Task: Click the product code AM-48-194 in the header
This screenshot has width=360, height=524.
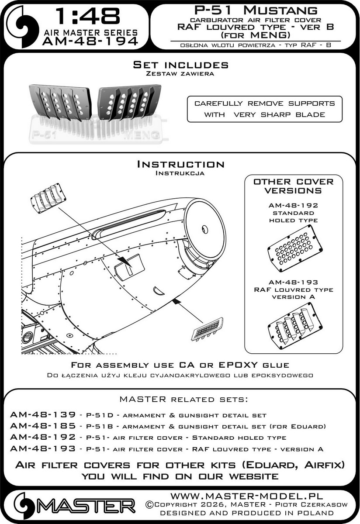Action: click(x=90, y=41)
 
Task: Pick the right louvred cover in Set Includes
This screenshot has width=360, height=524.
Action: click(x=125, y=102)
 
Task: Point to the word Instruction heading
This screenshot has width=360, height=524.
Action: click(x=180, y=165)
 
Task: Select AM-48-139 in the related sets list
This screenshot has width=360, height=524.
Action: click(x=37, y=414)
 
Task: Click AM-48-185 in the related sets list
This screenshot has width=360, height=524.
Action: click(x=37, y=426)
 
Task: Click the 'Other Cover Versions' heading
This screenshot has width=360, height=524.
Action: click(x=293, y=186)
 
